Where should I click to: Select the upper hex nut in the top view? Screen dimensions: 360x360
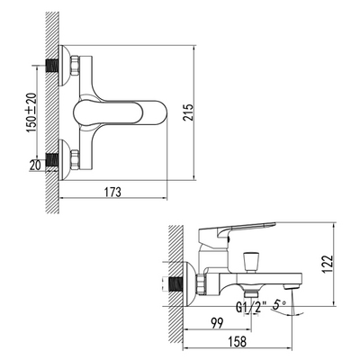coord(74,67)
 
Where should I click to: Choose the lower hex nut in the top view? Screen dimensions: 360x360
coord(74,160)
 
